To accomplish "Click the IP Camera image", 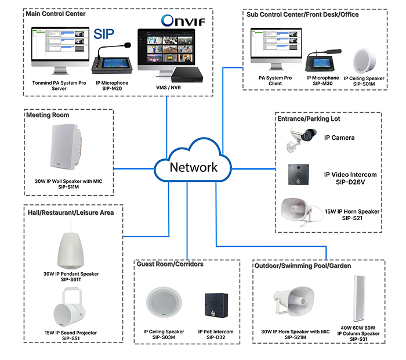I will click(x=302, y=138).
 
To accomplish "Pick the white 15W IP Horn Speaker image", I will click(x=300, y=210).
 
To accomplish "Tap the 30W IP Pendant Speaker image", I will click(x=71, y=249).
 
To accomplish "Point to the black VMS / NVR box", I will click(x=186, y=74).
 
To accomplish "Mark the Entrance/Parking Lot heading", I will click(x=309, y=118).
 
